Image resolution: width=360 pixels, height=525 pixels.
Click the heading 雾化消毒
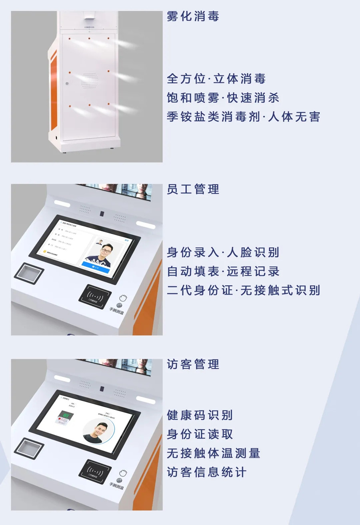[193, 16]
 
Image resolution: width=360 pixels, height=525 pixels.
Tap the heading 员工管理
[193, 189]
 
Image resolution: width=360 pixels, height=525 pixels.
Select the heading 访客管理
[193, 364]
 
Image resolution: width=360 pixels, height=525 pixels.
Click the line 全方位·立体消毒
[216, 79]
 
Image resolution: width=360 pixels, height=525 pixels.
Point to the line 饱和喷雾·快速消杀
[223, 98]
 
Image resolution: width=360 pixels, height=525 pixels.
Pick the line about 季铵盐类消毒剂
[243, 117]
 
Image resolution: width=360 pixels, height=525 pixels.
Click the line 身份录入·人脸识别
[223, 253]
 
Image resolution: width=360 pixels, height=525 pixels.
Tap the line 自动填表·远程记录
[223, 272]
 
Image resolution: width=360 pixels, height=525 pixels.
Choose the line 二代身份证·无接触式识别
[243, 290]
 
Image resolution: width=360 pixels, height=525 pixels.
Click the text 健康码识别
[200, 415]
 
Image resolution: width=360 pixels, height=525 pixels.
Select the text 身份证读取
[200, 434]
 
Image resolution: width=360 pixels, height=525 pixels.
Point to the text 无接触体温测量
[213, 453]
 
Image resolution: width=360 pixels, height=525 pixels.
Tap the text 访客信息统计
[206, 472]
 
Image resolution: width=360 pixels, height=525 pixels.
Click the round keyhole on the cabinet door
[67, 84]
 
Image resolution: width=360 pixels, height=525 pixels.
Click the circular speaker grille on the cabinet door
[89, 81]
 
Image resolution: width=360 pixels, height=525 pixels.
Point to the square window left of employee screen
[29, 273]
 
